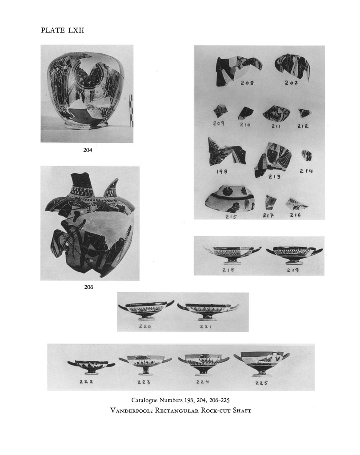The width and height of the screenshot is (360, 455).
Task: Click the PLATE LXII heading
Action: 62,30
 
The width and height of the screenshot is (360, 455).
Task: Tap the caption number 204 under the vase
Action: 88,150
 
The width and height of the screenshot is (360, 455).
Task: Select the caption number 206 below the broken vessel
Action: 88,287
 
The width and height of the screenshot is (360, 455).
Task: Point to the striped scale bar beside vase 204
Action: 131,111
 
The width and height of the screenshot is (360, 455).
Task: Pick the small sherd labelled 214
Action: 307,156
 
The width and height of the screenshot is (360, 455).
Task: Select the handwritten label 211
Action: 276,126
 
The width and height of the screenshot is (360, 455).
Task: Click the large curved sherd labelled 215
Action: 230,200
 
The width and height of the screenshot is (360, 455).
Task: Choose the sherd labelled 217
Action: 270,202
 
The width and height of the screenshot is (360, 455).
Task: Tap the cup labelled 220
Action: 146,310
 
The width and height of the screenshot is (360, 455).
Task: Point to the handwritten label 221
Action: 205,327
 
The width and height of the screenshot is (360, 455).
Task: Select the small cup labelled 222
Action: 91,366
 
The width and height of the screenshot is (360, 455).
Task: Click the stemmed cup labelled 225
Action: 262,364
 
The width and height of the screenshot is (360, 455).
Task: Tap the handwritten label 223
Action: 144,382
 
